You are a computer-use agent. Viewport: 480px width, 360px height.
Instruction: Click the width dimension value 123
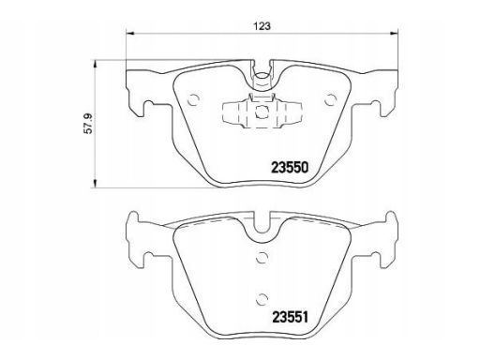[262, 26]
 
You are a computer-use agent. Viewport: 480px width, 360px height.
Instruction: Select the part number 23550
[290, 168]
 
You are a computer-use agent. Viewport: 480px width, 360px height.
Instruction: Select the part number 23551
[291, 317]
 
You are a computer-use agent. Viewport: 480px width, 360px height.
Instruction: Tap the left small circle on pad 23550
[193, 100]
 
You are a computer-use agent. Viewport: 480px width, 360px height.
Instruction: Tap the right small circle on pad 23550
[330, 100]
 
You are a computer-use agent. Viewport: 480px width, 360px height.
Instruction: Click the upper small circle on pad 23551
[262, 258]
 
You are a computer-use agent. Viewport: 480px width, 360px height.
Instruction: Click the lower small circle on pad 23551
[262, 300]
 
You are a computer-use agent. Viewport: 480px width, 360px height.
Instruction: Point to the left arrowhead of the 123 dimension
[129, 33]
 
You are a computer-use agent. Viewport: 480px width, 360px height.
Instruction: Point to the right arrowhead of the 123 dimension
[394, 33]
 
